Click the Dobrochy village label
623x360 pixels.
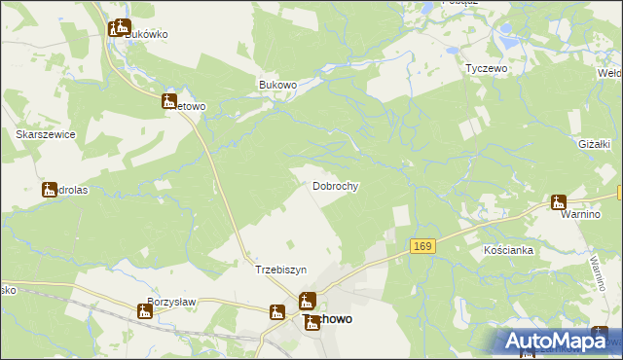pyautogui.click(x=337, y=185)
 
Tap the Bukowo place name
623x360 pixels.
pyautogui.click(x=277, y=85)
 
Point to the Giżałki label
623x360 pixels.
pyautogui.click(x=594, y=144)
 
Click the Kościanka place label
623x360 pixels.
pyautogui.click(x=508, y=250)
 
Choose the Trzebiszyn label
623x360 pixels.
pyautogui.click(x=280, y=270)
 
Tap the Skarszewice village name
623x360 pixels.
pyautogui.click(x=46, y=134)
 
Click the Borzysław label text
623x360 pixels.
pyautogui.click(x=171, y=302)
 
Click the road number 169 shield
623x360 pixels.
pyautogui.click(x=421, y=247)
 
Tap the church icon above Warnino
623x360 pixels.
pyautogui.click(x=558, y=202)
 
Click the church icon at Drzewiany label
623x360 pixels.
pyautogui.click(x=50, y=190)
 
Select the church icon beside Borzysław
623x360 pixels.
pyautogui.click(x=145, y=310)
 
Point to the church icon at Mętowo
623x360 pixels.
pyautogui.click(x=168, y=101)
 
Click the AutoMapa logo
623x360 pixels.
pyautogui.click(x=555, y=341)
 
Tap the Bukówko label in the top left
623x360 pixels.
pyautogui.click(x=146, y=34)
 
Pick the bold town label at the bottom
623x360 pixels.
pyautogui.click(x=331, y=319)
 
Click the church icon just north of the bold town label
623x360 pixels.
pyautogui.click(x=307, y=301)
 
